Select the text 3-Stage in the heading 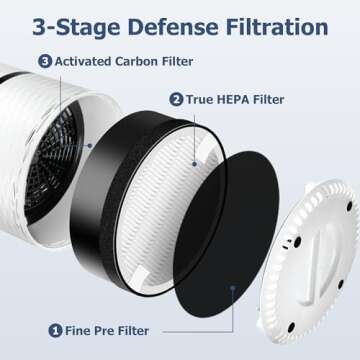(80, 24)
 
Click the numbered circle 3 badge (44, 61)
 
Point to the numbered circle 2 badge (176, 99)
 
